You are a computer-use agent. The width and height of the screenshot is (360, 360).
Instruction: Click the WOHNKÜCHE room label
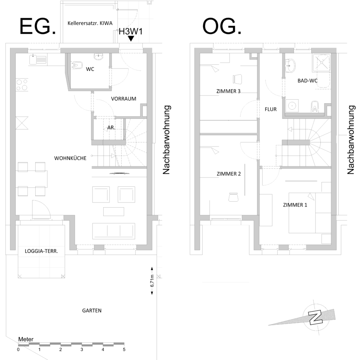(70, 158)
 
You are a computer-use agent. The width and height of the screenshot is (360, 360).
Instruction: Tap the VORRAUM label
(124, 99)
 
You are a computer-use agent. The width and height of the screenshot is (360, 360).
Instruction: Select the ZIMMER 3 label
(228, 91)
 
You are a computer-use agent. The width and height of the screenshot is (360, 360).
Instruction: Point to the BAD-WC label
(308, 80)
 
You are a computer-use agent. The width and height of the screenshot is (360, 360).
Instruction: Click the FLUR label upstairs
(271, 109)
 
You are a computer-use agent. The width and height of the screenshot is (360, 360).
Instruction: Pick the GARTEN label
(92, 311)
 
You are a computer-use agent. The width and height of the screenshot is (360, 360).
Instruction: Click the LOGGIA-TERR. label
(41, 251)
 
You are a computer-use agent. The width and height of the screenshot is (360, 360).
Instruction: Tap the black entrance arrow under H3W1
(131, 38)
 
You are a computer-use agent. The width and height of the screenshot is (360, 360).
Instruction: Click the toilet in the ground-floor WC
(77, 65)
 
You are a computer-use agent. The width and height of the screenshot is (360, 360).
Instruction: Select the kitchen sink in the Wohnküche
(38, 60)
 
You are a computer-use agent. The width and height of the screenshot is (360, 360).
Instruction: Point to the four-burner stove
(22, 85)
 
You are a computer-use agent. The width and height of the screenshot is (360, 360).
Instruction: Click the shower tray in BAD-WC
(322, 62)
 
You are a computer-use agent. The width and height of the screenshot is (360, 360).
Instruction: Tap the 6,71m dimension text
(152, 281)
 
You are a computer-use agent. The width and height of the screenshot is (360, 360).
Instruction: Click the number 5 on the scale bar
(124, 350)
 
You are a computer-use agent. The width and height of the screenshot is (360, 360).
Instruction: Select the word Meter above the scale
(26, 339)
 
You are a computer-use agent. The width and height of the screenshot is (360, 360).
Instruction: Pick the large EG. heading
(38, 26)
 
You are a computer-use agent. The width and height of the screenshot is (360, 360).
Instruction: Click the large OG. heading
(222, 26)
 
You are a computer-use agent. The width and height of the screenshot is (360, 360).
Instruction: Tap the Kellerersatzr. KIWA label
(90, 23)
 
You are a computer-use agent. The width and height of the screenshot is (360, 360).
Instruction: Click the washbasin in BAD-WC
(290, 66)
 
